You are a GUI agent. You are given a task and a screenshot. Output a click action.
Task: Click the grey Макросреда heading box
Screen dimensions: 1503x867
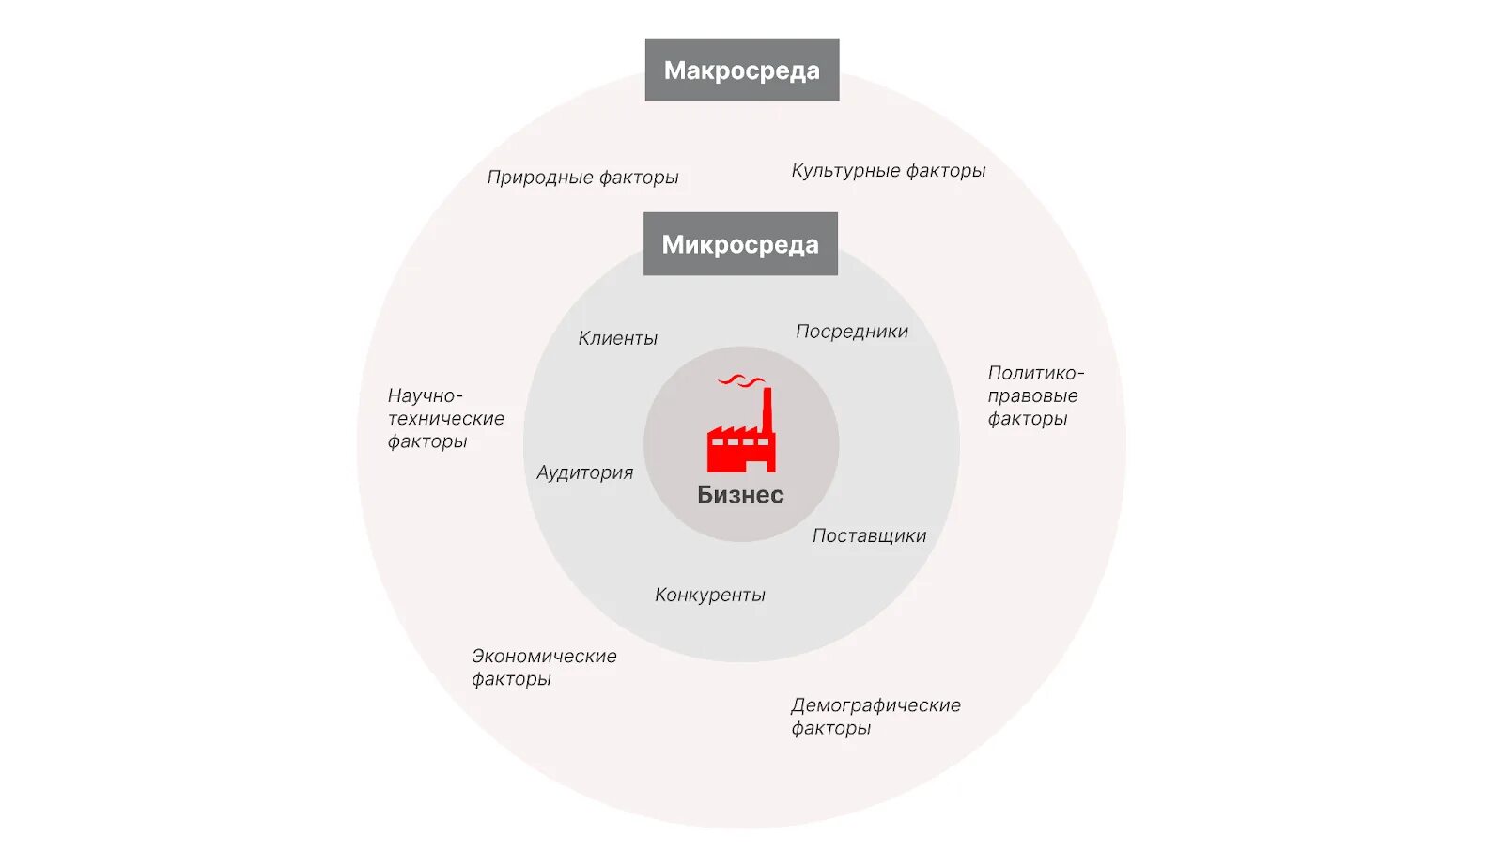click(741, 70)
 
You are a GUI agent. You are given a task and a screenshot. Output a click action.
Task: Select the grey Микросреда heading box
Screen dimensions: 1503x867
click(740, 244)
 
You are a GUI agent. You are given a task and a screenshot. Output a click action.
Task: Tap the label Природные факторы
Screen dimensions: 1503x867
click(582, 177)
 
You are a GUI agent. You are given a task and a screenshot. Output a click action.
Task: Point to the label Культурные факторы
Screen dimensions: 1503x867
click(888, 170)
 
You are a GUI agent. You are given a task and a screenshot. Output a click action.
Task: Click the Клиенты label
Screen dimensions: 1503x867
click(617, 338)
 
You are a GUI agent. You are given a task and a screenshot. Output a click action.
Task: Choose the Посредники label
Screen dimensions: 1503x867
click(851, 331)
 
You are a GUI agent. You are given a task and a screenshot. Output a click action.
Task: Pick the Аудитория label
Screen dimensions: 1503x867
click(584, 472)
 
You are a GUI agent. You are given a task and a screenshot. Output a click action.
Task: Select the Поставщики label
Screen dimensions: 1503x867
click(869, 535)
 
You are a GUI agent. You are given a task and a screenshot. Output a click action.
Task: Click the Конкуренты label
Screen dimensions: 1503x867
click(709, 595)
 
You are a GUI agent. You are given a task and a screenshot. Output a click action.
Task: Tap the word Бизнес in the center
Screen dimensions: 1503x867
click(740, 495)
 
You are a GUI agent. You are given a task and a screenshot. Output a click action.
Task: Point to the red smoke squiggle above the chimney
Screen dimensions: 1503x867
click(741, 380)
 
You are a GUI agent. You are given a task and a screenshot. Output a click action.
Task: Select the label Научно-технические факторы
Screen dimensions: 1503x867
click(445, 418)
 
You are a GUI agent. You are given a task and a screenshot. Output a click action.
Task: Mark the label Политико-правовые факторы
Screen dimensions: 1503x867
click(1034, 395)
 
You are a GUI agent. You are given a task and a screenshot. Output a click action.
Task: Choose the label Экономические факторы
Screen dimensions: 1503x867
click(543, 667)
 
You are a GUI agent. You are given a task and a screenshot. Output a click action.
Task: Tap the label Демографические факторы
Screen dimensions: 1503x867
click(875, 716)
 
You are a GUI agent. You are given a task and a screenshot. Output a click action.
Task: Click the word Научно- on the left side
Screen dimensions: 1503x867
click(425, 395)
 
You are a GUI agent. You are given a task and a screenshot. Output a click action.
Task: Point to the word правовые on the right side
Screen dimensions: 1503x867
click(1032, 395)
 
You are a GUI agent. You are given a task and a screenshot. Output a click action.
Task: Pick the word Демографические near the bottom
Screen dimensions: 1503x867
click(875, 704)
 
